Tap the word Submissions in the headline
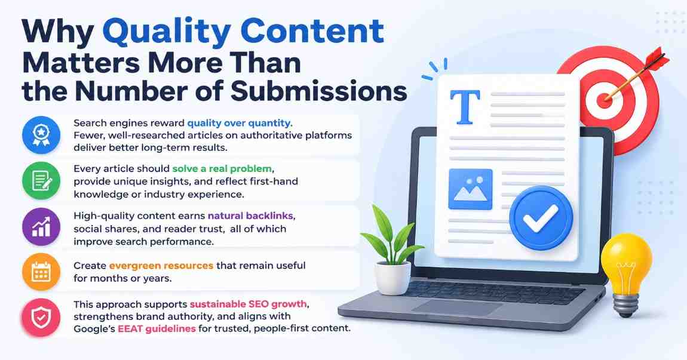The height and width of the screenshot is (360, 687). pyautogui.click(x=319, y=91)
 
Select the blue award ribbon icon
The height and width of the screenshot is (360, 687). pyautogui.click(x=41, y=135)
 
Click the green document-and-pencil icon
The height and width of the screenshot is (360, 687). pyautogui.click(x=41, y=181)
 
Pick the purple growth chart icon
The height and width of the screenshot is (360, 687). pyautogui.click(x=41, y=227)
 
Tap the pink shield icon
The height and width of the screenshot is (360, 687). pyautogui.click(x=41, y=318)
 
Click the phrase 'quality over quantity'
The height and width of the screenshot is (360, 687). pyautogui.click(x=239, y=124)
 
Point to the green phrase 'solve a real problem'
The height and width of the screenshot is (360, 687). pyautogui.click(x=222, y=168)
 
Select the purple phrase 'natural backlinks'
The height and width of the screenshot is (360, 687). pyautogui.click(x=250, y=216)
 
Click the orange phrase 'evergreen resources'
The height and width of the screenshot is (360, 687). pyautogui.click(x=161, y=266)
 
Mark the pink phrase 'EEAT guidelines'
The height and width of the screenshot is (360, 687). pyautogui.click(x=157, y=328)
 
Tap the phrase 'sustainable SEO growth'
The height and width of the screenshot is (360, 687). pyautogui.click(x=248, y=304)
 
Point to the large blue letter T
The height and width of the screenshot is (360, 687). pyautogui.click(x=465, y=106)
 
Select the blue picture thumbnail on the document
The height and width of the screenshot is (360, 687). pyautogui.click(x=471, y=189)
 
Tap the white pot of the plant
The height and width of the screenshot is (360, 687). pyautogui.click(x=392, y=278)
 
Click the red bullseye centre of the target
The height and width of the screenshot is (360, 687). pyautogui.click(x=605, y=101)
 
